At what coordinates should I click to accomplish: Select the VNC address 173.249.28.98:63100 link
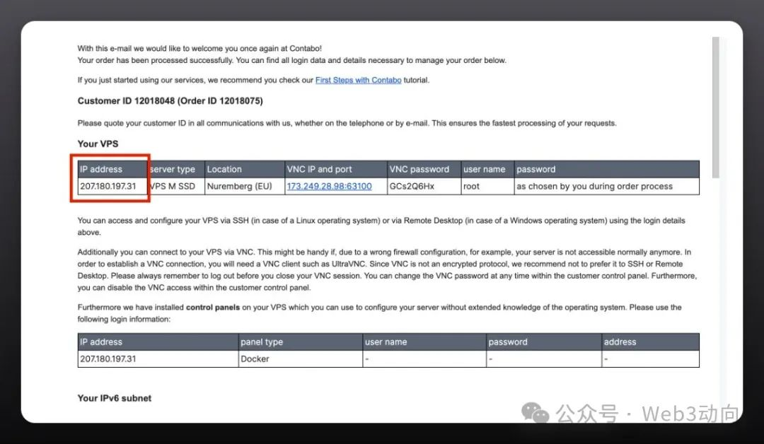[329, 187]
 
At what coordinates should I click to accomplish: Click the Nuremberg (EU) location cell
[240, 187]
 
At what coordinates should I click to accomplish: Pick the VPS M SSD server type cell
[173, 187]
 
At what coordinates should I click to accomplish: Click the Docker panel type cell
[255, 359]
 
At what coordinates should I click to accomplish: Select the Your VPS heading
[98, 144]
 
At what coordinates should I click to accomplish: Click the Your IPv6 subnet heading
[115, 398]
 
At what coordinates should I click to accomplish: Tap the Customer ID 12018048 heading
[170, 101]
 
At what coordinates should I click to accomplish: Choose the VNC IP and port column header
[319, 170]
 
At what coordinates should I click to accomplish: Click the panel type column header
[262, 342]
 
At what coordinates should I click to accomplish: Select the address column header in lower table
[620, 342]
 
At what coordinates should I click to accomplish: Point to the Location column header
[224, 170]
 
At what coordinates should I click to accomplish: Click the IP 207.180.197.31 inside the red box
[108, 187]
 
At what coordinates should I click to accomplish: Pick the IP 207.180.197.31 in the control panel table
[108, 359]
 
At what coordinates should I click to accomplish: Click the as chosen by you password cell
[594, 187]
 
